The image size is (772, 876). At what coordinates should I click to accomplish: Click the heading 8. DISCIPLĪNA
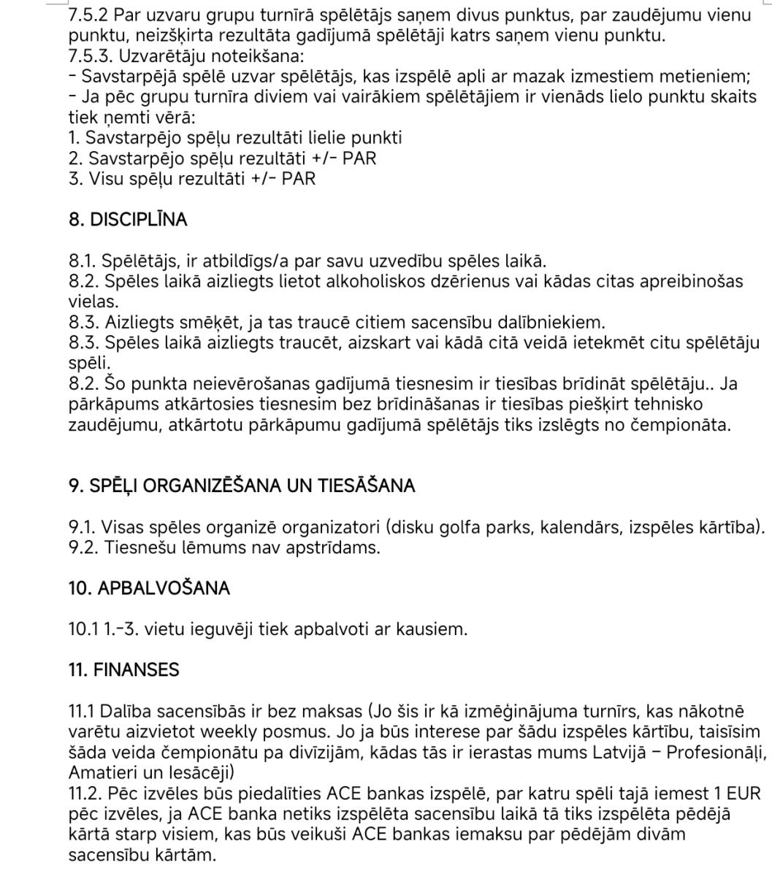pyautogui.click(x=128, y=220)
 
